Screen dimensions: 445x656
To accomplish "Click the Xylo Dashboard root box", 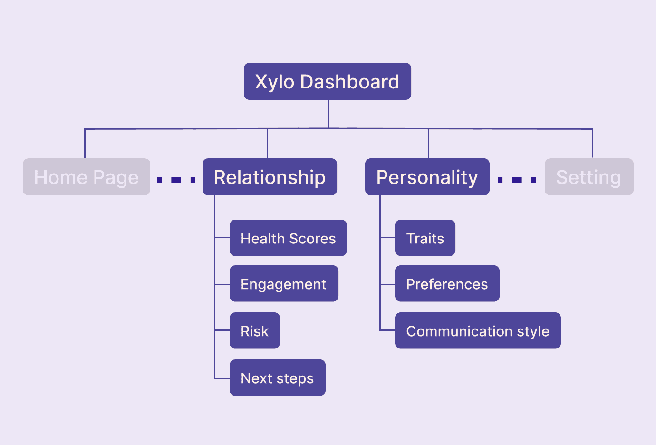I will pyautogui.click(x=327, y=81).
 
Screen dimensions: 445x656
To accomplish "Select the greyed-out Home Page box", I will pyautogui.click(x=87, y=177).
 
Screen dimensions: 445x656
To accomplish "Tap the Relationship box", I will pyautogui.click(x=270, y=177).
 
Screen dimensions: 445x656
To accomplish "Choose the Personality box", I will pyautogui.click(x=427, y=177).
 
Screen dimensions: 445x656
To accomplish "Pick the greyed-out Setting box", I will pyautogui.click(x=588, y=177).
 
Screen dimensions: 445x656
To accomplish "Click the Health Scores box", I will pyautogui.click(x=288, y=238).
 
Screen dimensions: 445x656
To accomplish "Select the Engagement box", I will pyautogui.click(x=284, y=284).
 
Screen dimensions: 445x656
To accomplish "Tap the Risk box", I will pyautogui.click(x=254, y=330).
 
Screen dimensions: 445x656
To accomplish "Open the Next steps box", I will pyautogui.click(x=277, y=377).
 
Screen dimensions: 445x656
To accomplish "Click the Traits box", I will pyautogui.click(x=425, y=238).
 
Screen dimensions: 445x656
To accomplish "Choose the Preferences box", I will pyautogui.click(x=447, y=284).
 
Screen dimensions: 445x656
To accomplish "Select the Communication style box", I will pyautogui.click(x=478, y=330).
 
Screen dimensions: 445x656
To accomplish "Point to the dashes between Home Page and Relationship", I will pyautogui.click(x=176, y=179).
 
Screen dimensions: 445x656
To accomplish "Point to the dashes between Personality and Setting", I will pyautogui.click(x=517, y=179).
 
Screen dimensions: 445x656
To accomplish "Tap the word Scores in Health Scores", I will pyautogui.click(x=312, y=238).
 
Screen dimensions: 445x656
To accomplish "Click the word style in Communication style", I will pyautogui.click(x=533, y=331).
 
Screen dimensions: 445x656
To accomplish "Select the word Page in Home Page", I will pyautogui.click(x=116, y=177).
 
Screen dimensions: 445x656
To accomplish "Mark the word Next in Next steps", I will pyautogui.click(x=256, y=378).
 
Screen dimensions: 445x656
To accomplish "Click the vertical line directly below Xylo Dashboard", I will pyautogui.click(x=328, y=114).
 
